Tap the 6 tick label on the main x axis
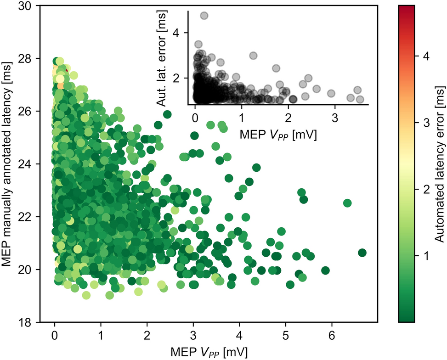[x=331, y=334]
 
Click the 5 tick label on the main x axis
[x=285, y=334]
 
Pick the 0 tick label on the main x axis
[x=55, y=334]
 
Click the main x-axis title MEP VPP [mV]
[x=209, y=351]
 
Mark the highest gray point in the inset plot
[x=204, y=16]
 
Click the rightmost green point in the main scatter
[x=362, y=253]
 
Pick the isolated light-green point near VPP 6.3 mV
[x=347, y=203]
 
